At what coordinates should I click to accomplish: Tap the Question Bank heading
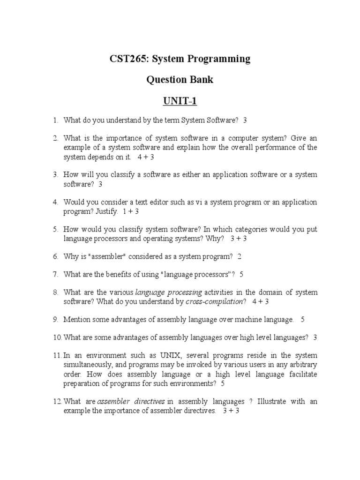tap(180, 80)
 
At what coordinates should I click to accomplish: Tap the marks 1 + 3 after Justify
tap(131, 211)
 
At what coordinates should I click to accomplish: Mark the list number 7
tap(55, 274)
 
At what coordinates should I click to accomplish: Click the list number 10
tap(57, 337)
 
